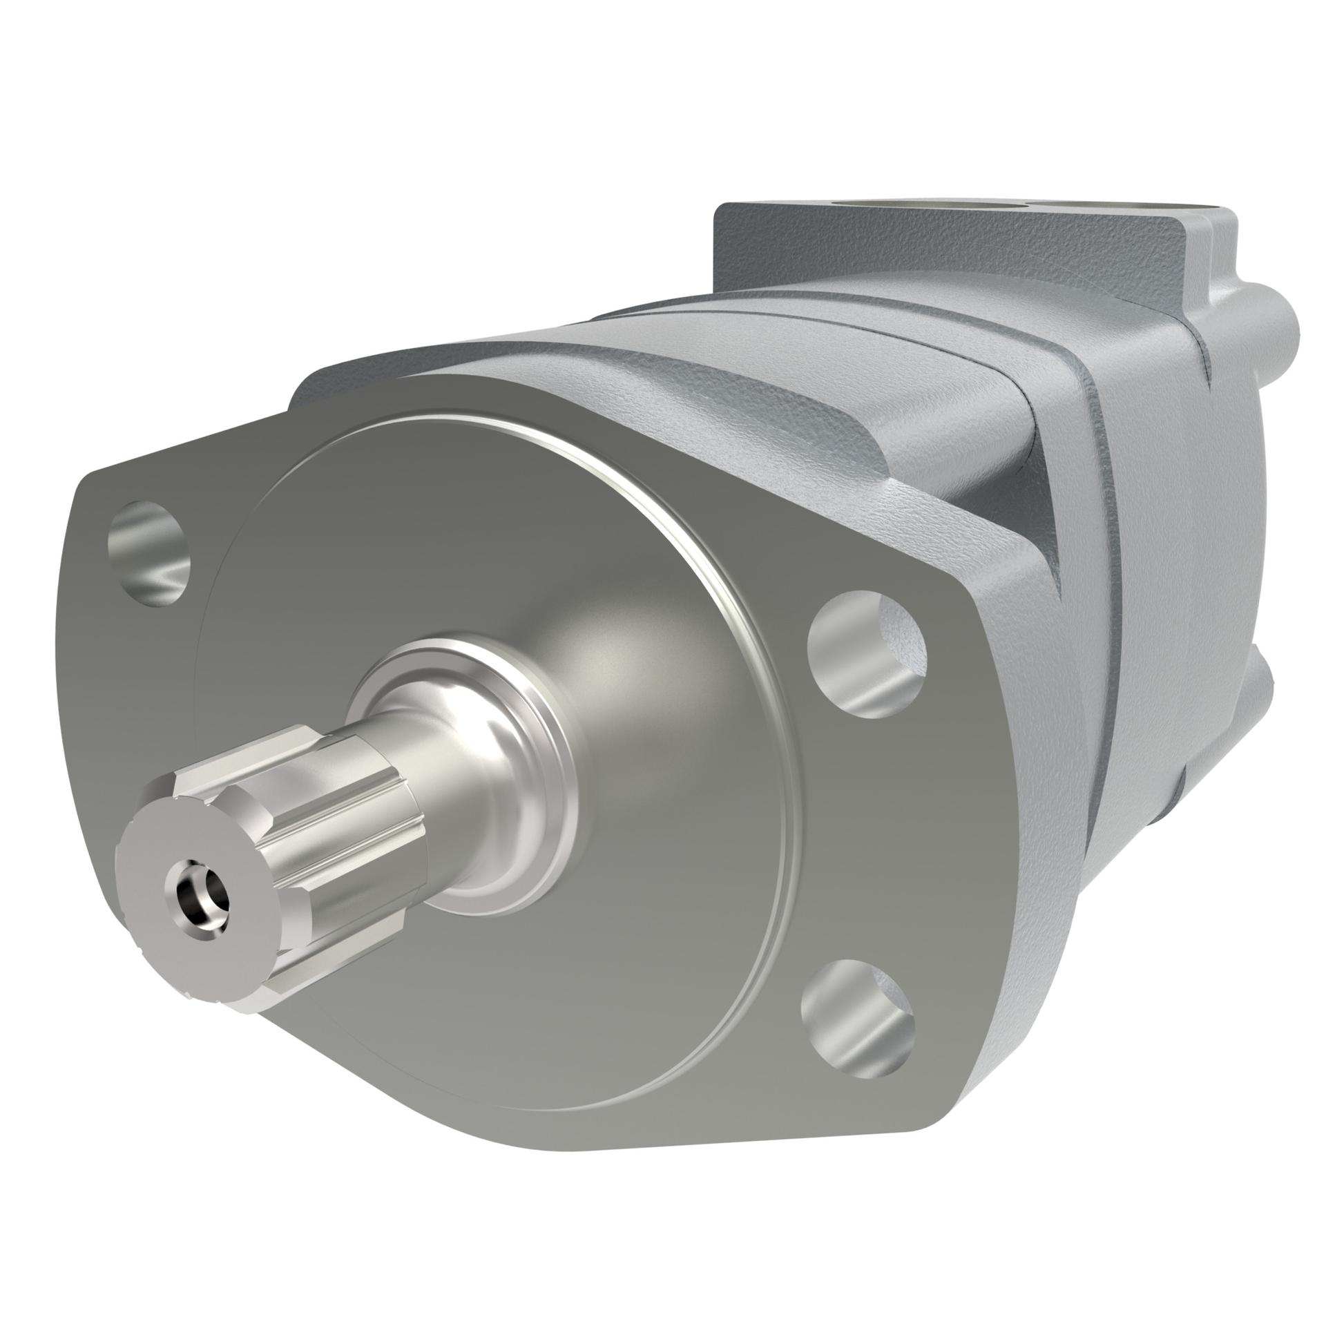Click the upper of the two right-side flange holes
coord(866,662)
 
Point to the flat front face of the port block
coord(863,262)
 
